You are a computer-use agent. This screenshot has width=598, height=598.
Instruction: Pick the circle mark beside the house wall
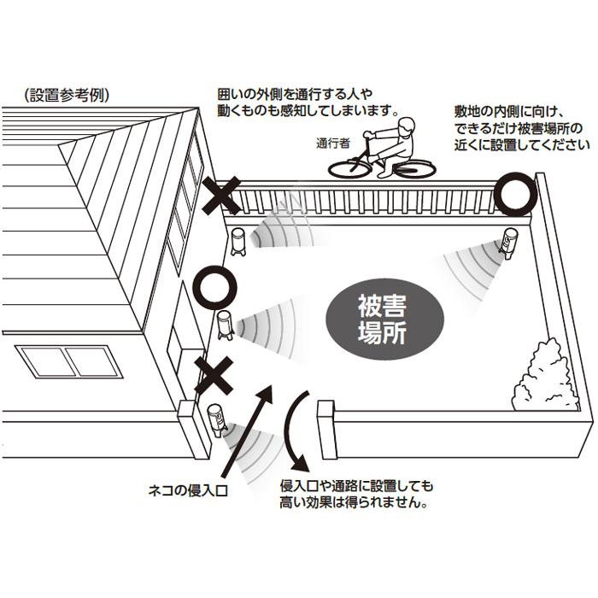click(213, 288)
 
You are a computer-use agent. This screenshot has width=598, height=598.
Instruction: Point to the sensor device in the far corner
click(507, 243)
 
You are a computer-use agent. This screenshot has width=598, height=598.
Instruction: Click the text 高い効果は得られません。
click(354, 502)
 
